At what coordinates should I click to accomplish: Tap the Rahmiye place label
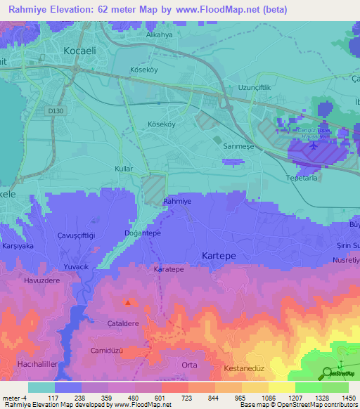177,202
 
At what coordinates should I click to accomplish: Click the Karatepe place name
168,269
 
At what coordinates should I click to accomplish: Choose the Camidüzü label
107,350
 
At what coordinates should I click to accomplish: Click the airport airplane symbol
312,146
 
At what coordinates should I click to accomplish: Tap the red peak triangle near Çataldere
127,304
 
